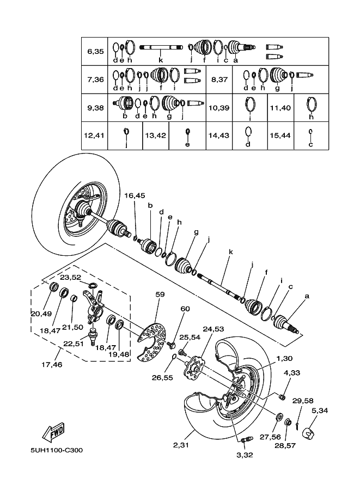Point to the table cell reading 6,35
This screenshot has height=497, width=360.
tap(95, 51)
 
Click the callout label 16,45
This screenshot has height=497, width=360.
tap(135, 195)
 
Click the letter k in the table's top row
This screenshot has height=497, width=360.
tap(161, 59)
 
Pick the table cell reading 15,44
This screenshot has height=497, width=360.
tap(280, 136)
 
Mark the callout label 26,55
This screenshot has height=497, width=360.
tap(163, 376)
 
